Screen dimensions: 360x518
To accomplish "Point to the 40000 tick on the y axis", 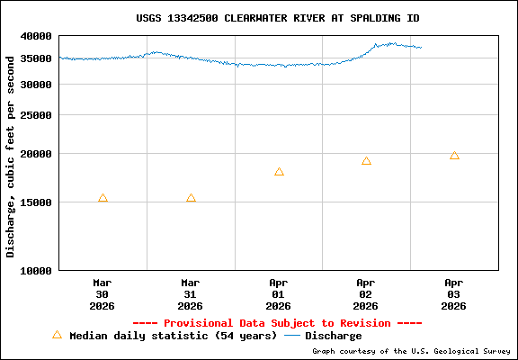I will pyautogui.click(x=37, y=36).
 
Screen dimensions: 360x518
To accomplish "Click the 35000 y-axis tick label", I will pyautogui.click(x=37, y=59).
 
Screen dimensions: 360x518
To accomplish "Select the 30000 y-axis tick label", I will pyautogui.click(x=37, y=85).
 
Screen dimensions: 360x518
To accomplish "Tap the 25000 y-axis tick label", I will pyautogui.click(x=37, y=115).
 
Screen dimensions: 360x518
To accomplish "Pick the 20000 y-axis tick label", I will pyautogui.click(x=37, y=154).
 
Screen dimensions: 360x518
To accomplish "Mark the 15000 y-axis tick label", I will pyautogui.click(x=37, y=202).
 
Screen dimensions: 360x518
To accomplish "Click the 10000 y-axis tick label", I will pyautogui.click(x=37, y=270).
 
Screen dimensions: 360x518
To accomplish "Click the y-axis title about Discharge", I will pyautogui.click(x=11, y=156).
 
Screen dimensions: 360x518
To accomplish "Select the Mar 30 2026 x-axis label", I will pyautogui.click(x=103, y=293).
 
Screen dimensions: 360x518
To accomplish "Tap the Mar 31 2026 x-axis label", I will pyautogui.click(x=191, y=293).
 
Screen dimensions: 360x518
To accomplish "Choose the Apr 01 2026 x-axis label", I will pyautogui.click(x=279, y=293).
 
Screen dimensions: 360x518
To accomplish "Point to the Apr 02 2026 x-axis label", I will pyautogui.click(x=366, y=293).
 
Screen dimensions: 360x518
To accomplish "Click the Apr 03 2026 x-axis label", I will pyautogui.click(x=454, y=293).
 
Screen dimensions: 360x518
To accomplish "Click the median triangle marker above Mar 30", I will pyautogui.click(x=103, y=198).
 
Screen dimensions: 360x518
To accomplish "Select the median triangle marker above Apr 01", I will pyautogui.click(x=279, y=172).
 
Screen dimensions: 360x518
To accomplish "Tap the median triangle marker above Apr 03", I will pyautogui.click(x=454, y=156).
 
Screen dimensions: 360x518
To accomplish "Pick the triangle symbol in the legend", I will pyautogui.click(x=58, y=335).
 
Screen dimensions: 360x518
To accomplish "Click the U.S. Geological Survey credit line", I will pyautogui.click(x=412, y=351).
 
